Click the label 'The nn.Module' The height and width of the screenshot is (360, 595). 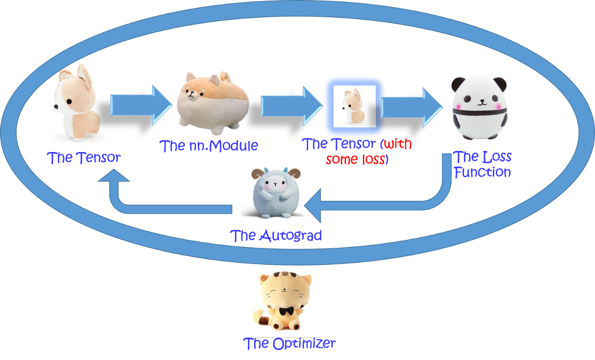(209, 146)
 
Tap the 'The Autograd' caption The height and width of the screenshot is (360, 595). (276, 235)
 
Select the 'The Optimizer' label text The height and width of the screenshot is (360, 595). (289, 343)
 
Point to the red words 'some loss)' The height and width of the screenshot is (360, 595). (357, 160)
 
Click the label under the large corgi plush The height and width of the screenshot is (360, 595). (84, 158)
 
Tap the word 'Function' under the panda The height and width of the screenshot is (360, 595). (482, 172)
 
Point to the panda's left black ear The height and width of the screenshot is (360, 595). (458, 83)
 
